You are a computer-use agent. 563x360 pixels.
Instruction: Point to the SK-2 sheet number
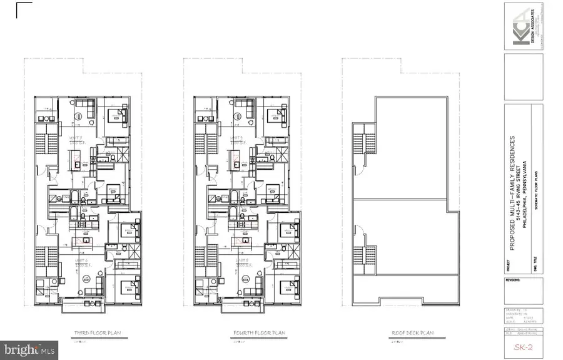[524, 347]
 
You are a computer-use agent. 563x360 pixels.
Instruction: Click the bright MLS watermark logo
[30, 346]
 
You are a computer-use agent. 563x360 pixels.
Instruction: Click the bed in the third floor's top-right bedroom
[116, 115]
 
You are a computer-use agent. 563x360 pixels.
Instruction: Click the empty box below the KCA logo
[524, 76]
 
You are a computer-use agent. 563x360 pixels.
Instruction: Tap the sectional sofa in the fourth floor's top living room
[243, 111]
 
